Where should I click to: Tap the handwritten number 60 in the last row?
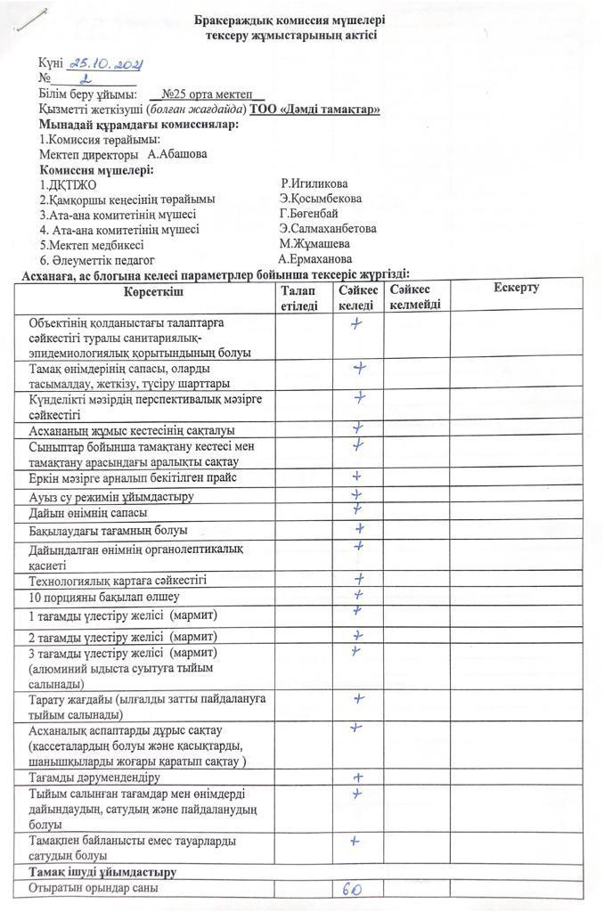(x=352, y=889)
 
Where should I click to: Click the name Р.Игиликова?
(x=314, y=184)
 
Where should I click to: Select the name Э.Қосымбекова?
(x=320, y=199)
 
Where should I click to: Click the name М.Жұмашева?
(x=314, y=244)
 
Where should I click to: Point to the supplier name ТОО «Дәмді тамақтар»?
(x=316, y=109)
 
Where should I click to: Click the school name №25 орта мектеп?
(x=208, y=94)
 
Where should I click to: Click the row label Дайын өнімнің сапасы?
(x=88, y=513)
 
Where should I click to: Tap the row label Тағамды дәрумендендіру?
(x=94, y=778)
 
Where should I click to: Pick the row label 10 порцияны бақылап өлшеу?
(x=104, y=596)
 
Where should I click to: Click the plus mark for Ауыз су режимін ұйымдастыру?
(x=357, y=494)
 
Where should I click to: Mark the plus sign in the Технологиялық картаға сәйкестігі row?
(x=357, y=579)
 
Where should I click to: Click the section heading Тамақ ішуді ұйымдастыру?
(x=102, y=872)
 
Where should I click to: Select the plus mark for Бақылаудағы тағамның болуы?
(x=358, y=528)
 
